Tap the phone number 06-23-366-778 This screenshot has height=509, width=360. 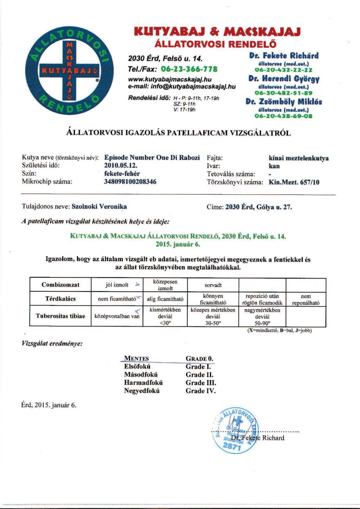click(189, 69)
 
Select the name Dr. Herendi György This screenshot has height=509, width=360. click(284, 79)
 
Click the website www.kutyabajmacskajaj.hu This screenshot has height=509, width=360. click(169, 79)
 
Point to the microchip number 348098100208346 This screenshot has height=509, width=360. click(130, 182)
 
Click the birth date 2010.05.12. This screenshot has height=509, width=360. click(121, 166)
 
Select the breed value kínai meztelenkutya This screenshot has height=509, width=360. click(298, 158)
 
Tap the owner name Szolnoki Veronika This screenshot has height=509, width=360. click(99, 207)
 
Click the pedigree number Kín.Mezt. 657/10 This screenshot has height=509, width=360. click(294, 182)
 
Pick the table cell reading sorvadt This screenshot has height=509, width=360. click(213, 285)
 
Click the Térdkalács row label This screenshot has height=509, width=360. click(60, 299)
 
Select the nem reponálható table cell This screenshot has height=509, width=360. click(306, 299)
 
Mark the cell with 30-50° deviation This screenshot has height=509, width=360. click(213, 316)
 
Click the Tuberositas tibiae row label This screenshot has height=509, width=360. click(60, 316)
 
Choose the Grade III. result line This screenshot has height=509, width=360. click(201, 383)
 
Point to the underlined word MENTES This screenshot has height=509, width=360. click(136, 359)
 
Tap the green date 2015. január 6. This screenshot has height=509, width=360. click(178, 244)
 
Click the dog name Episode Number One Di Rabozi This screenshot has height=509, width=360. click(152, 157)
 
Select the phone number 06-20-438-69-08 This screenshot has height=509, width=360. click(283, 116)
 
